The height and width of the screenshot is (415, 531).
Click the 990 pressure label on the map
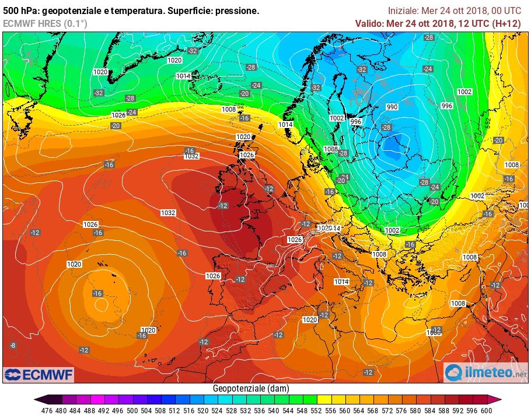(x=392, y=107)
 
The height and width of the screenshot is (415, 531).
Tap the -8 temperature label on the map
(x=13, y=345)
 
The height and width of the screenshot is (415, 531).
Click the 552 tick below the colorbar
(x=317, y=410)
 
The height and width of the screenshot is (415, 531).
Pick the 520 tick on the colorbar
(x=204, y=410)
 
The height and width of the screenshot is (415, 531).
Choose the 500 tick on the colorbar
(x=134, y=410)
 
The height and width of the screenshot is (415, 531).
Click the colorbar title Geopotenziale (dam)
(x=250, y=388)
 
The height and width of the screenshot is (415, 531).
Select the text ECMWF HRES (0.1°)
(x=45, y=23)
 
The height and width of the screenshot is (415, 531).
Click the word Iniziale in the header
(x=403, y=11)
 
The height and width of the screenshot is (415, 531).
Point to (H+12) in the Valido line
(x=506, y=23)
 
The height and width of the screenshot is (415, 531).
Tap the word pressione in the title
(x=238, y=11)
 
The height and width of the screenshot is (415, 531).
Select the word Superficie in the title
(x=189, y=11)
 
